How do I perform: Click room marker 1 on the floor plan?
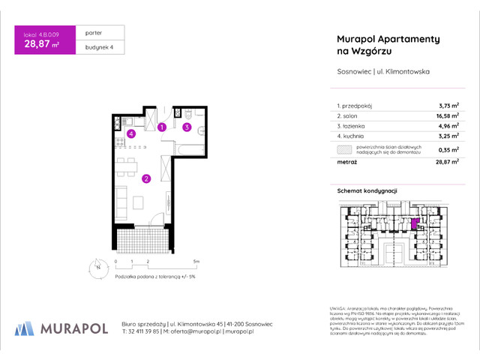(x=161, y=127)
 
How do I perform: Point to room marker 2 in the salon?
(x=147, y=178)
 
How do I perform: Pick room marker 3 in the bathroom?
(x=185, y=127)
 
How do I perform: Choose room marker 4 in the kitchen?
(x=130, y=134)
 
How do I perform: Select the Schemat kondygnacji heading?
(x=367, y=192)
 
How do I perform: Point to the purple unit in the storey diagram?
(x=415, y=223)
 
